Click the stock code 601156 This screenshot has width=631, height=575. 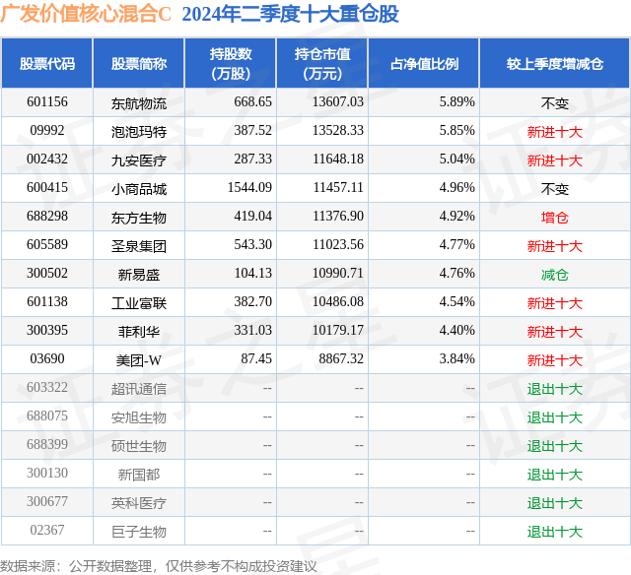tap(47, 102)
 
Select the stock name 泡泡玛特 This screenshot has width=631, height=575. tap(139, 131)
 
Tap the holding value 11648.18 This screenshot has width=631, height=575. tap(338, 160)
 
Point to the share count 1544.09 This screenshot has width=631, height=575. tap(249, 188)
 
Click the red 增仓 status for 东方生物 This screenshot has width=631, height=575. tap(554, 218)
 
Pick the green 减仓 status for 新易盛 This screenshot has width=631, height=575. tap(554, 275)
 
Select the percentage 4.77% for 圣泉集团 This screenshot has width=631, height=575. tap(456, 245)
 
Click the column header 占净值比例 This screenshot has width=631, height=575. tap(424, 64)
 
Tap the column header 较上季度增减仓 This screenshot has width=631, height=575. tap(554, 64)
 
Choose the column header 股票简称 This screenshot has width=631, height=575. tap(139, 64)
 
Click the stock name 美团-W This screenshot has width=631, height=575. tap(139, 360)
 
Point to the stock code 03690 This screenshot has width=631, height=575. tap(47, 358)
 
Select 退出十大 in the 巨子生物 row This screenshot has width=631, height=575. tap(554, 532)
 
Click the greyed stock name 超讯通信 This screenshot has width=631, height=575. tap(139, 389)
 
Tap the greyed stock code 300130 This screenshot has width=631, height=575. tap(47, 473)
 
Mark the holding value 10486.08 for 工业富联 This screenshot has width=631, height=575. tap(338, 301)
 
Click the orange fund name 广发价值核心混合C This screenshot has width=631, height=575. tap(86, 14)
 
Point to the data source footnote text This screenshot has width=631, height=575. tap(159, 566)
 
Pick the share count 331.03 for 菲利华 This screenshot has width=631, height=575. tap(253, 330)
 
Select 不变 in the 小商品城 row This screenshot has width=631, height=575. tap(554, 189)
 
